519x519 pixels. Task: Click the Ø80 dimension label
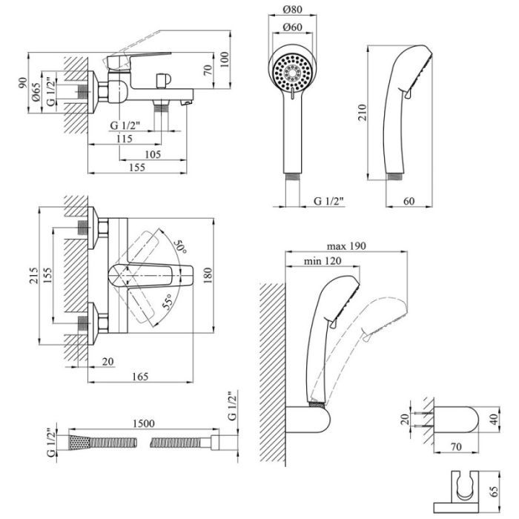(x=293, y=10)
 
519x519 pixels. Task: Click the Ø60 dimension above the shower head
(x=293, y=27)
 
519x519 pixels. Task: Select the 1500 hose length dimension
(x=144, y=423)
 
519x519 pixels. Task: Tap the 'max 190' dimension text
(x=346, y=246)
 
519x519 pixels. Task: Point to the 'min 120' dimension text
(x=323, y=261)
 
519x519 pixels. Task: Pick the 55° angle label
(x=168, y=302)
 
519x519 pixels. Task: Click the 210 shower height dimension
(x=363, y=112)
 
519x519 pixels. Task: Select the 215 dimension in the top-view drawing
(x=33, y=275)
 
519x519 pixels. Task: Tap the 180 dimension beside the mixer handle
(x=207, y=275)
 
